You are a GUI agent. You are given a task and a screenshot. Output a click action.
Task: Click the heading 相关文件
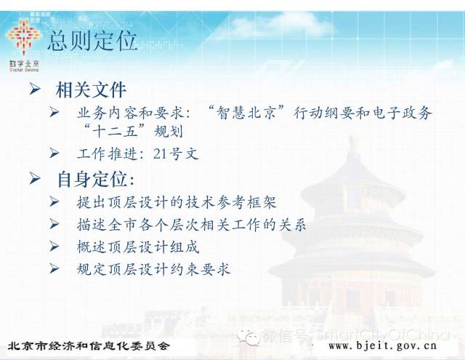91,89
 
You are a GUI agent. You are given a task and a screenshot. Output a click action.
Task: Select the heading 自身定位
96,179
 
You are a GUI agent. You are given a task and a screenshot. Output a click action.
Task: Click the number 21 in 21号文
160,153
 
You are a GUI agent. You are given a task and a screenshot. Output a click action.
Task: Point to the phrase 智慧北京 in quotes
246,113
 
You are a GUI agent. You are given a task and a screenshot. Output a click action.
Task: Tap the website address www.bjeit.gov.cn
383,345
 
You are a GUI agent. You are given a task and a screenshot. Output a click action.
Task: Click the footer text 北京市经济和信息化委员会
89,345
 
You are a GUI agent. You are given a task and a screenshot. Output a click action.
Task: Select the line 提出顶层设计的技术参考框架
177,202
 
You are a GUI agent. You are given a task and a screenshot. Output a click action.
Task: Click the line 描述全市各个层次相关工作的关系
192,225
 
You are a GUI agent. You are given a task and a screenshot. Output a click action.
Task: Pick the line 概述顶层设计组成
138,247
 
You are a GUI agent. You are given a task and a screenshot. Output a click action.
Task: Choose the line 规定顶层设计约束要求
153,269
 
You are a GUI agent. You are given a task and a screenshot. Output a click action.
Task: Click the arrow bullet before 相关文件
35,89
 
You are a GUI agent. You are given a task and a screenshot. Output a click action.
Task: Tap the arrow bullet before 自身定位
35,178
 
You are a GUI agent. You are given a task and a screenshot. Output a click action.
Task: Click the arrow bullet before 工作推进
54,153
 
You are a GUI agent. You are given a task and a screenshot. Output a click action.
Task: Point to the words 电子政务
401,113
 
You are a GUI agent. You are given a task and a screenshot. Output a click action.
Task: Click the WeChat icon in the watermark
248,336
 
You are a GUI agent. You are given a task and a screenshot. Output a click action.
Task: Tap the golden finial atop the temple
352,145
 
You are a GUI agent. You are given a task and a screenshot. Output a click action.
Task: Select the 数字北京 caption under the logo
24,63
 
